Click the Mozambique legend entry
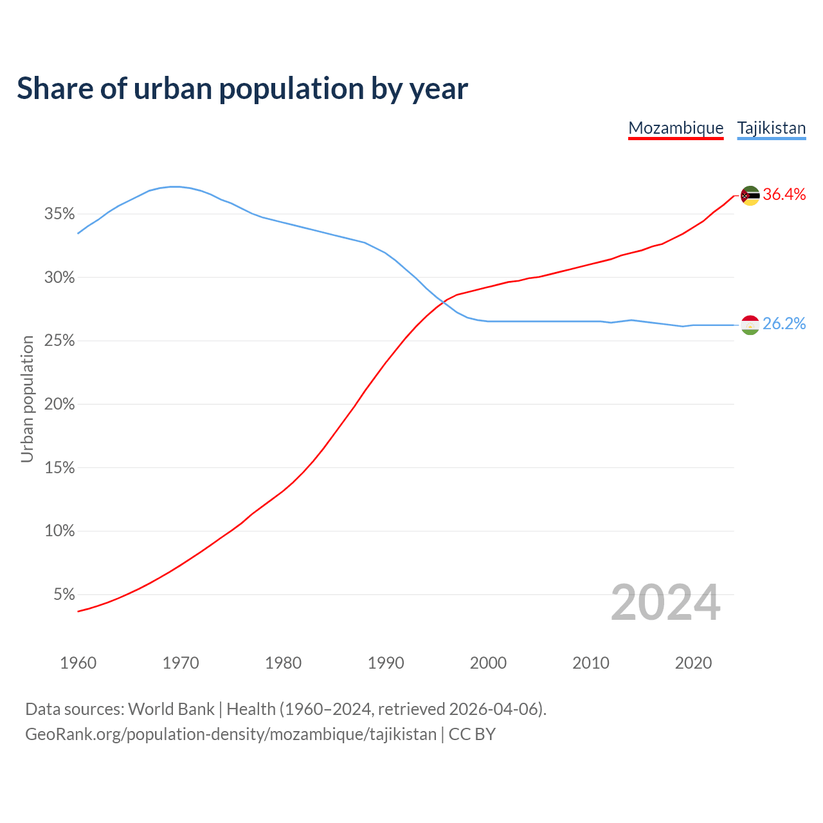676,128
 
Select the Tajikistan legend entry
771,128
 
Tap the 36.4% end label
784,195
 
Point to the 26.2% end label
784,323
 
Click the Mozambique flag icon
750,195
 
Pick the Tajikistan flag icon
750,325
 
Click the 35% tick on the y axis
60,214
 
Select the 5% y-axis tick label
64,595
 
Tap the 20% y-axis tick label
60,404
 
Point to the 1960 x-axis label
78,663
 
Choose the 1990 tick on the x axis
386,663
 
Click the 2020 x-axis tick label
693,663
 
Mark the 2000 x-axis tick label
488,663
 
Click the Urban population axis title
27,399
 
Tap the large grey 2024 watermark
665,602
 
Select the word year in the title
439,89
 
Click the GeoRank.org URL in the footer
231,734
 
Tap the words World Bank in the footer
171,709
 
